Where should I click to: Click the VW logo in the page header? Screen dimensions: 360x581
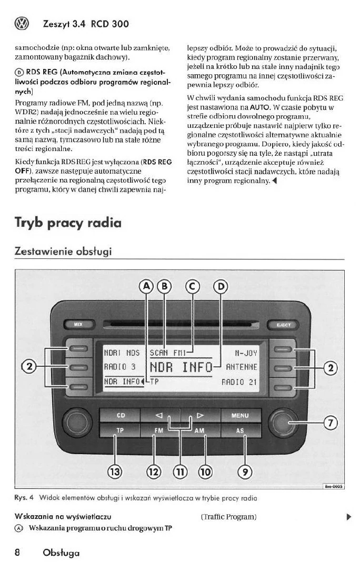click(23, 24)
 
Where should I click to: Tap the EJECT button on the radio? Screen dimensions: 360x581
click(284, 326)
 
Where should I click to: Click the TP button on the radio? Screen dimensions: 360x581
click(120, 430)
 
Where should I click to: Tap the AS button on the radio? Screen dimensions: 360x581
click(240, 430)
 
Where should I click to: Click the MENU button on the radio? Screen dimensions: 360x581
click(240, 416)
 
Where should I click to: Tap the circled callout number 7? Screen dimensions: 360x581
click(330, 422)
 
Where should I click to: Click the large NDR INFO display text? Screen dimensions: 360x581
click(181, 366)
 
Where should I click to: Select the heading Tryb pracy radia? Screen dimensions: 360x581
click(68, 223)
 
